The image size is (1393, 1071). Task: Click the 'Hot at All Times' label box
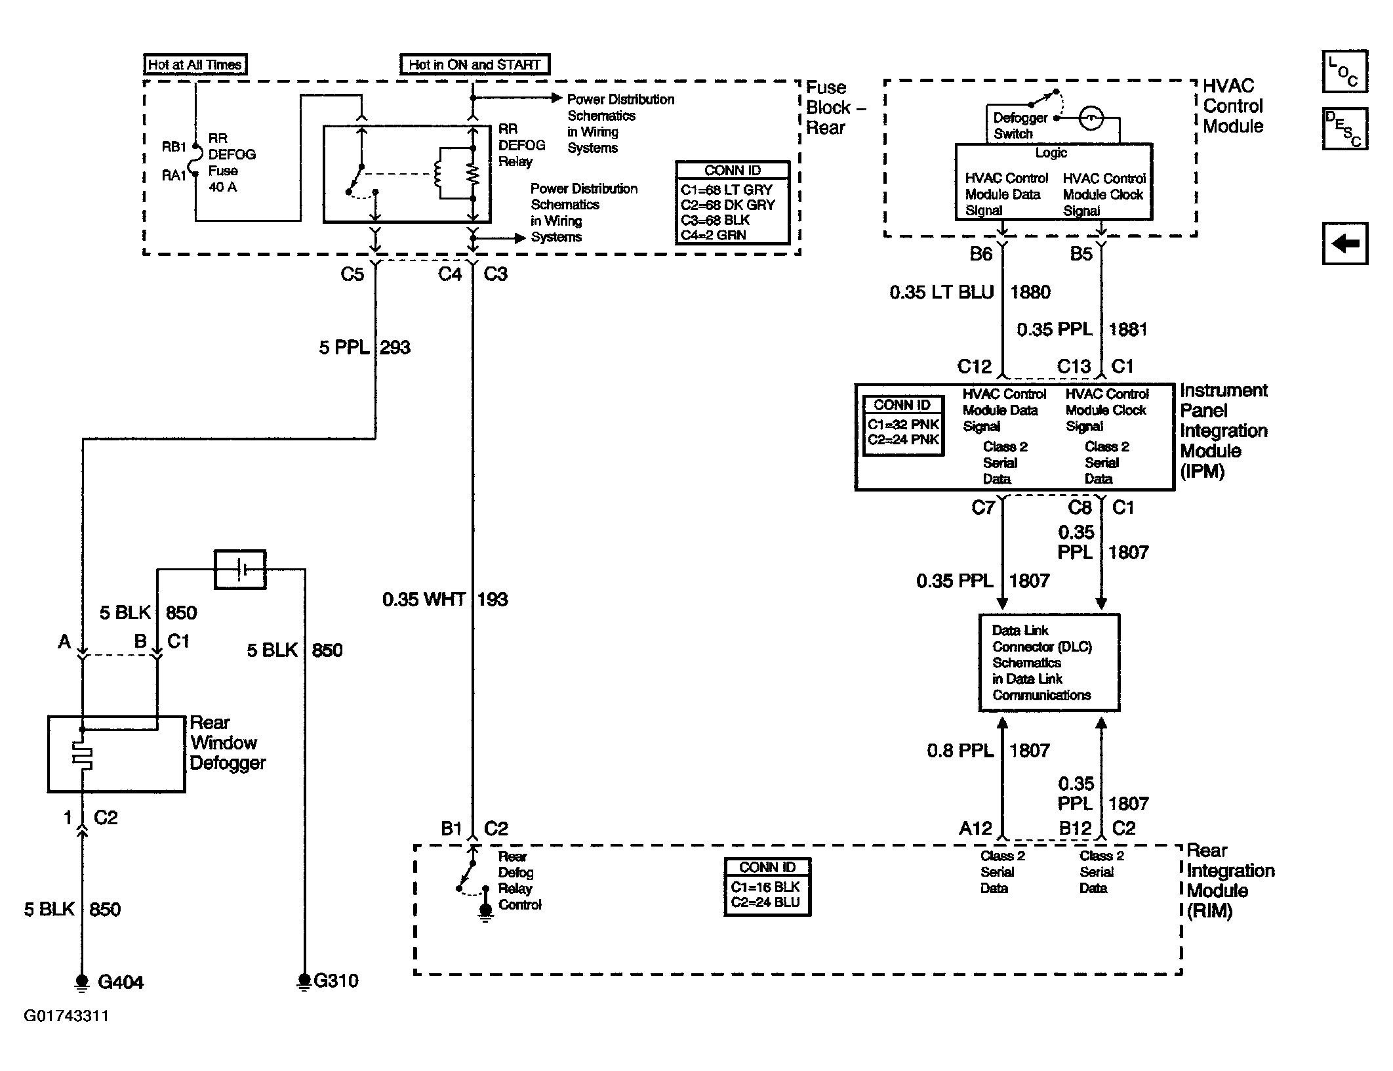(195, 64)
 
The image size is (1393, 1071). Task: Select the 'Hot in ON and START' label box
(475, 64)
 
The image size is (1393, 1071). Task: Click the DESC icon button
(1344, 129)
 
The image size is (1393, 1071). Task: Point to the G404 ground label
(121, 982)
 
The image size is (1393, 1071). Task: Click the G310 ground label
(336, 981)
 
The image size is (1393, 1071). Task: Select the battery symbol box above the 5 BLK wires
(241, 570)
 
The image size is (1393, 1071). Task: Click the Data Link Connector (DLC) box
(1049, 663)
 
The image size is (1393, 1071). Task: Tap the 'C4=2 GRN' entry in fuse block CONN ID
(714, 235)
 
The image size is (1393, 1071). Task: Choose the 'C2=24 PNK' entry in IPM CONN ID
(904, 440)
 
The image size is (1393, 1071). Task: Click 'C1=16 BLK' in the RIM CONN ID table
(765, 887)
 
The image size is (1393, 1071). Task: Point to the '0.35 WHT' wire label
(424, 599)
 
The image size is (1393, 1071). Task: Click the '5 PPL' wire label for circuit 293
(344, 347)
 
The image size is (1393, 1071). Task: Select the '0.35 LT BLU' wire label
(942, 292)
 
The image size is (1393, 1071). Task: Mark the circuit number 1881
(1128, 329)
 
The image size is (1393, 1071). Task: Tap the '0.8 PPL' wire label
(960, 751)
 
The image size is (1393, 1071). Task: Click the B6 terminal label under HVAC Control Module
(981, 254)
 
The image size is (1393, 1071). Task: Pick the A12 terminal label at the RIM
(975, 829)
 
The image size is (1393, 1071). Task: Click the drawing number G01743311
(66, 1016)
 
